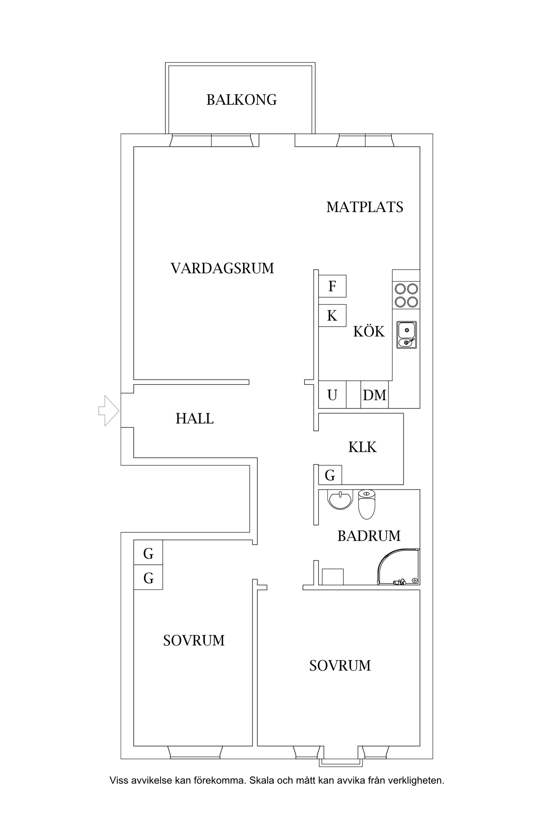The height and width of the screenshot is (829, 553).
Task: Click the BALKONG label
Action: point(241,100)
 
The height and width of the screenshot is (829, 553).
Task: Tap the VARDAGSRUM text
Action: point(222,268)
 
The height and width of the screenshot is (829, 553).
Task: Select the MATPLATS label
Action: point(365,207)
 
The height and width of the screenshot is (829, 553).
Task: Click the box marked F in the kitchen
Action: point(332,286)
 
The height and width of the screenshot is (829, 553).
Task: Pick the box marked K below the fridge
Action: point(332,316)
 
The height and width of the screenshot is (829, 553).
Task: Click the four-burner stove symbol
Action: point(406,295)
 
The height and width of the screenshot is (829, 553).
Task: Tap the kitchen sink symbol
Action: point(407,335)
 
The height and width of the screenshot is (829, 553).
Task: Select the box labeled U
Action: point(332,395)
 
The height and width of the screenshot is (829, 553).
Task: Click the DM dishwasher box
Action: point(375,395)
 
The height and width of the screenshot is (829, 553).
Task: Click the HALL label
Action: point(194,419)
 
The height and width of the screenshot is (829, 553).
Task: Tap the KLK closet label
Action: point(362,447)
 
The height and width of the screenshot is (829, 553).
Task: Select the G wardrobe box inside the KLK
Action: point(330,476)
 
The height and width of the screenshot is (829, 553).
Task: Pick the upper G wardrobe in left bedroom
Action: point(148,553)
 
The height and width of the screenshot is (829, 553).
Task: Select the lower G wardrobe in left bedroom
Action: point(148,578)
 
